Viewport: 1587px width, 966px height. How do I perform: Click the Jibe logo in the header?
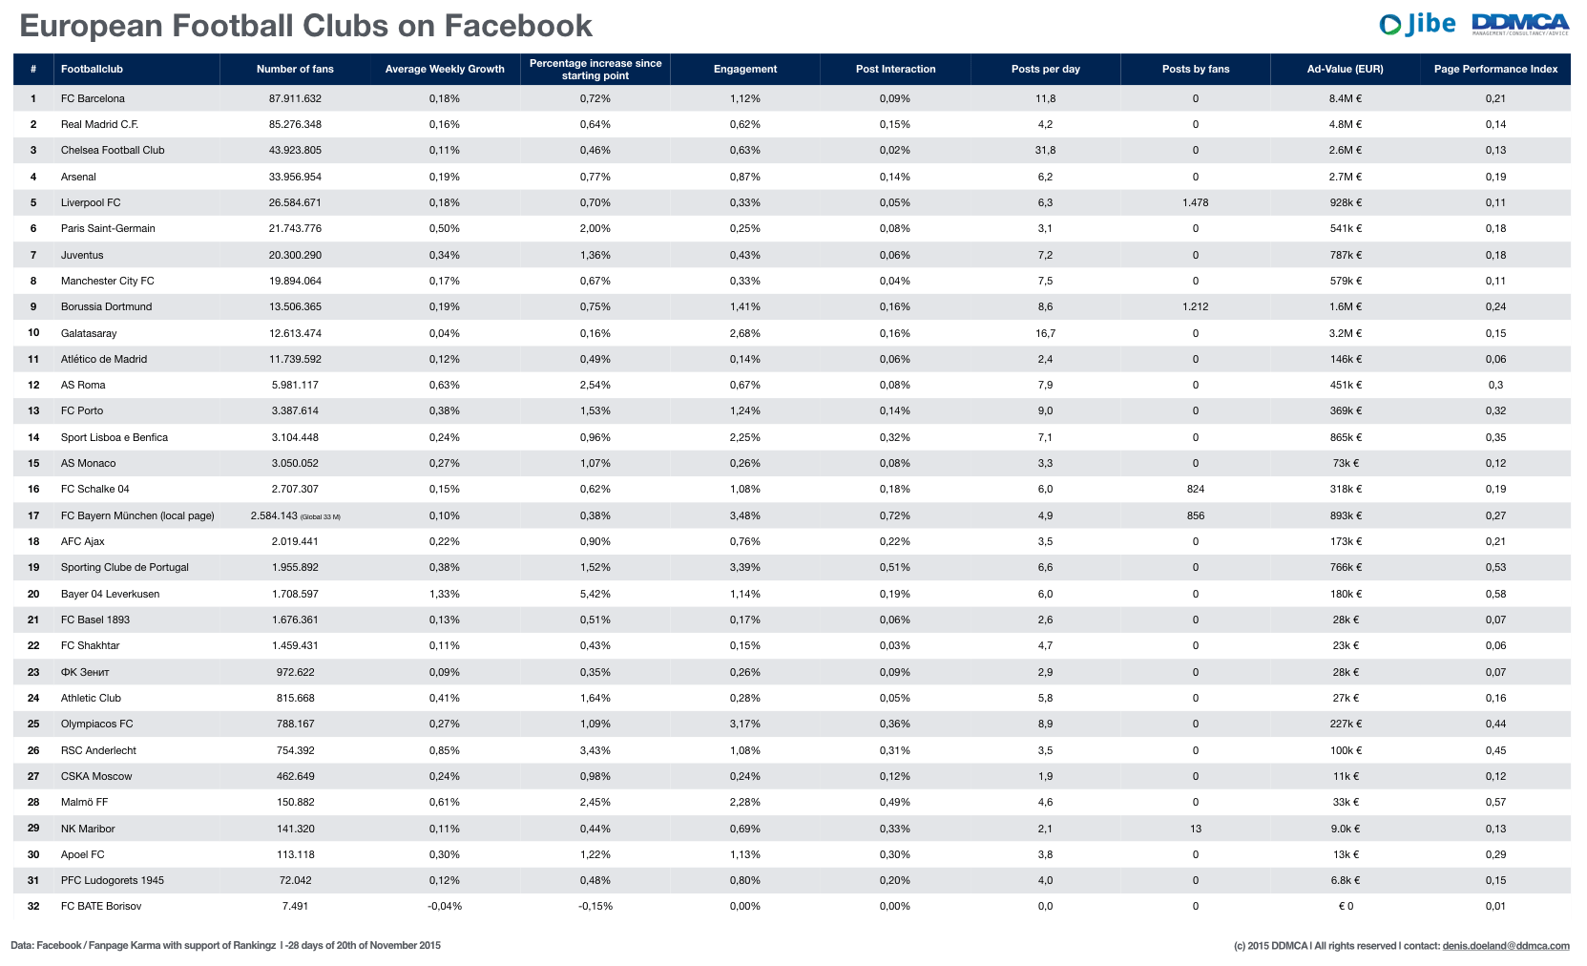[1417, 24]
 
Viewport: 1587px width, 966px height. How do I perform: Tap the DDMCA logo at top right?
[1520, 24]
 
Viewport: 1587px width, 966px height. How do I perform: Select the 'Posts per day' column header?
[1045, 69]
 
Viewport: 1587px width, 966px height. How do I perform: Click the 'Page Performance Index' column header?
[1494, 69]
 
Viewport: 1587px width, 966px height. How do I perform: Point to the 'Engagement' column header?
[744, 69]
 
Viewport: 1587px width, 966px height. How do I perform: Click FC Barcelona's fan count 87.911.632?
[295, 98]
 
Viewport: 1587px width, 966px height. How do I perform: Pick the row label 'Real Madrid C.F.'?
[99, 124]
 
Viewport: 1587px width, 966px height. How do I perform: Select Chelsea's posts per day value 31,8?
[1045, 150]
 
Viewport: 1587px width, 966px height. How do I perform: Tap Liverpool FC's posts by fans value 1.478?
[1195, 202]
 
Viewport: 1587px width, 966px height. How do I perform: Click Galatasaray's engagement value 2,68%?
[744, 333]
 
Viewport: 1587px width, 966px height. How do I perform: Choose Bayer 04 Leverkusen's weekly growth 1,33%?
[444, 594]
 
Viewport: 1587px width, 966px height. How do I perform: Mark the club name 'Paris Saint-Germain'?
[108, 228]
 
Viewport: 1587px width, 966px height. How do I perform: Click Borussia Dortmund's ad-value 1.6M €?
[1345, 306]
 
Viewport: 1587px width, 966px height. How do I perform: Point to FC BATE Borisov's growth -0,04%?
[444, 906]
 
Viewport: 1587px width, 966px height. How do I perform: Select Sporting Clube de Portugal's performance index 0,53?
[1494, 567]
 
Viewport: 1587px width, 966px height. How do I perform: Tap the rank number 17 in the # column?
[33, 515]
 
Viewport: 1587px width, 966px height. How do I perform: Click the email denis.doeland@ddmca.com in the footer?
[1505, 946]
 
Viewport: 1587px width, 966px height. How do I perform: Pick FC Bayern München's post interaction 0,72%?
[894, 515]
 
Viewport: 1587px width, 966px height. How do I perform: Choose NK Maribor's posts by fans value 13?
[1195, 829]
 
